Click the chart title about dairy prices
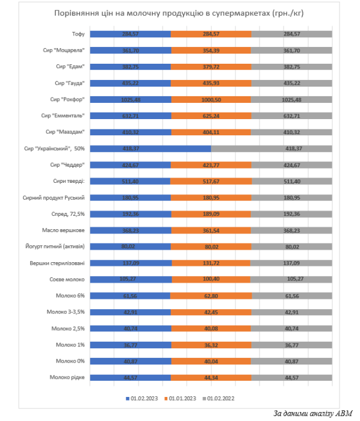coord(179,13)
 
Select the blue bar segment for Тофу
coord(130,34)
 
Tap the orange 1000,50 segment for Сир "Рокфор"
coord(211,100)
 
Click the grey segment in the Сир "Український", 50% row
coord(272,149)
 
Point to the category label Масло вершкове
coord(63,230)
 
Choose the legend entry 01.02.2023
coord(142,398)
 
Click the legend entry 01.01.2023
coord(180,398)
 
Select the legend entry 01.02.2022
coord(218,398)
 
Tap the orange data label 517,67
coord(211,182)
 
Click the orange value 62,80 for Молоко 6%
coord(211,296)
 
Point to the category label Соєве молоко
coord(67,280)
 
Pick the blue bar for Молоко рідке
coord(130,378)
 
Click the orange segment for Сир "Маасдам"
coord(211,132)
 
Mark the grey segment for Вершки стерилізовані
coord(291,263)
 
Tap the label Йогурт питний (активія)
coord(55,247)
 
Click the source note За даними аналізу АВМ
coord(313,414)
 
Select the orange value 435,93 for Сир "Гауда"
coord(211,83)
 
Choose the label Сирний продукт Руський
coord(54,198)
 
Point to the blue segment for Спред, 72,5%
coord(131,214)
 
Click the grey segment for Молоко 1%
coord(291,345)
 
